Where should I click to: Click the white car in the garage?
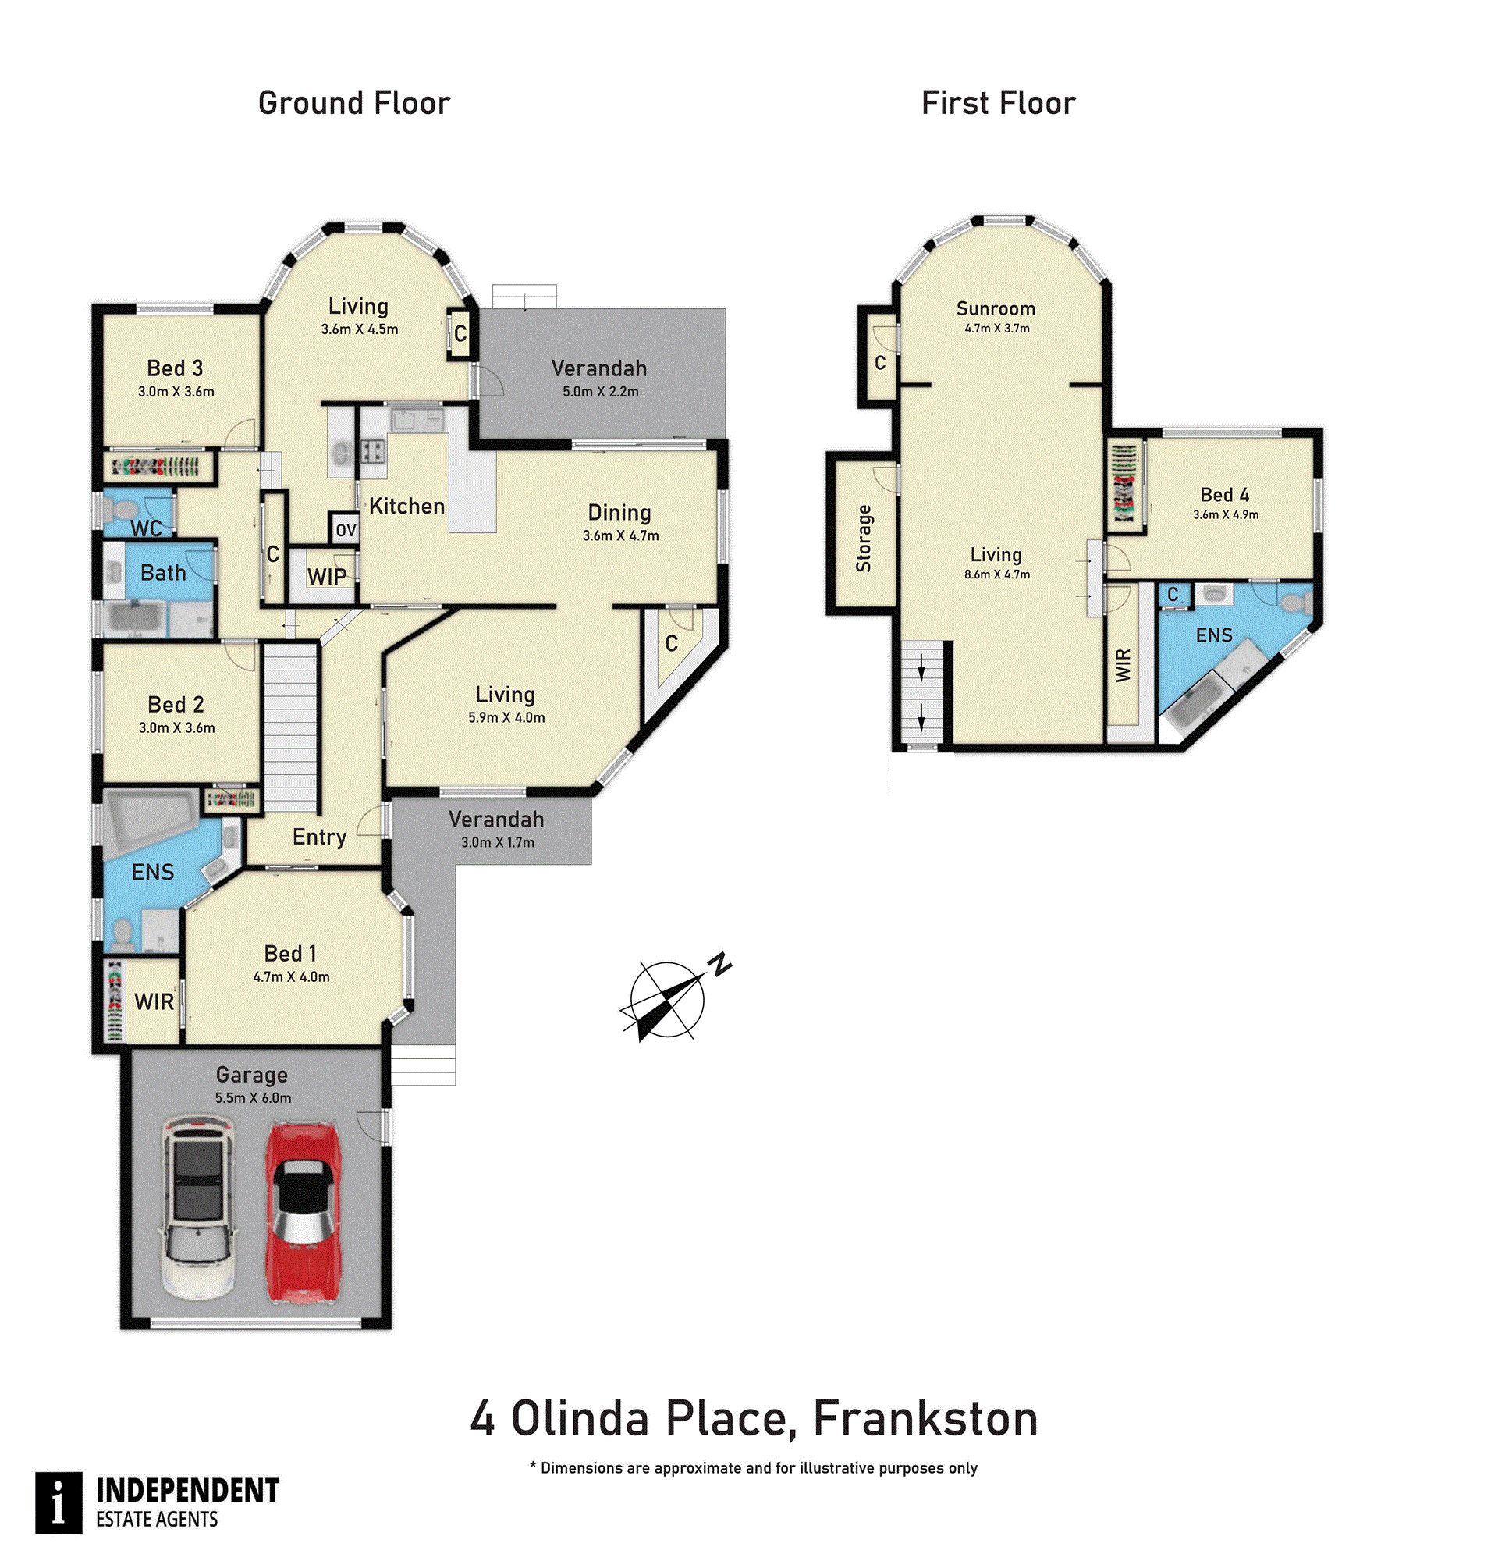(x=199, y=1207)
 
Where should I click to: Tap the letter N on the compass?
(x=721, y=964)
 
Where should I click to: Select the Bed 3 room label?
(x=175, y=368)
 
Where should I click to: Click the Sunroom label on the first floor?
(x=996, y=308)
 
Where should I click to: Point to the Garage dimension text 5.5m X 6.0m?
(x=253, y=1098)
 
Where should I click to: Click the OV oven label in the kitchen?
(x=346, y=531)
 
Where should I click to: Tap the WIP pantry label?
(x=327, y=577)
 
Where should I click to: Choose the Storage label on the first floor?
(x=864, y=539)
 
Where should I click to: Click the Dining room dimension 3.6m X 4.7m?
(x=621, y=536)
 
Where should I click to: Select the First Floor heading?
(x=998, y=103)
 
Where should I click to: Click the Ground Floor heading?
(x=354, y=103)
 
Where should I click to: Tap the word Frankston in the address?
(x=926, y=1419)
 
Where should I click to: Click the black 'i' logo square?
(x=59, y=1502)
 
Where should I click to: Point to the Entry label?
(x=320, y=837)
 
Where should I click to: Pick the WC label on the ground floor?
(x=146, y=528)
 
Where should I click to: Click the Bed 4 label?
(x=1225, y=495)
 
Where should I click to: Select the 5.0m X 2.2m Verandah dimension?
(x=601, y=392)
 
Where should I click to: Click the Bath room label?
(x=163, y=573)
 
